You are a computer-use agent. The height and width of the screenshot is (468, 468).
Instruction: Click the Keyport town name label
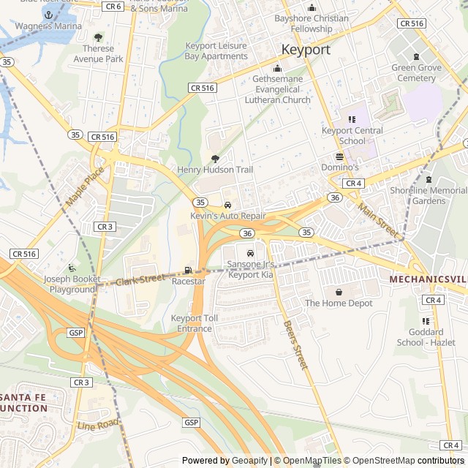(306, 50)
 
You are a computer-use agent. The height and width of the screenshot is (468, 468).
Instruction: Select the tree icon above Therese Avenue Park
(99, 37)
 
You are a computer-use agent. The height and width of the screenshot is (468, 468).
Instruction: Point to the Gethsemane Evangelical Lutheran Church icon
(277, 68)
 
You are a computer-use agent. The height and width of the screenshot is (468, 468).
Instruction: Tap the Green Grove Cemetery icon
(417, 57)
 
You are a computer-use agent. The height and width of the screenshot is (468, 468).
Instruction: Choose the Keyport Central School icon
(352, 119)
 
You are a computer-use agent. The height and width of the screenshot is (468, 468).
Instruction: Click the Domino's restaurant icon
(339, 156)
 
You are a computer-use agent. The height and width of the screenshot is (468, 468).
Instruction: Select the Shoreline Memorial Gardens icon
(429, 180)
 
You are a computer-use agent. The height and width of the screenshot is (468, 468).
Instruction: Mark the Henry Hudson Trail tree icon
(215, 159)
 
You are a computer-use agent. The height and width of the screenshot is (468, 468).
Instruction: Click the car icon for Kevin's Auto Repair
(228, 205)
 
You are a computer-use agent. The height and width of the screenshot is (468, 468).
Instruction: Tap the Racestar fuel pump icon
(189, 271)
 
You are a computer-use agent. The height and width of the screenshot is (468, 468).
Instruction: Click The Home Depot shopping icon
(339, 292)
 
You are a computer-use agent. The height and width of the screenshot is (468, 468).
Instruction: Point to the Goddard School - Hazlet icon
(426, 321)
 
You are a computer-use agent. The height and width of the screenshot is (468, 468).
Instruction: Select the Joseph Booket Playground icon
(71, 268)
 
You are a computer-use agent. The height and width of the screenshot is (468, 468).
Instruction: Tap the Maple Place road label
(85, 186)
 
